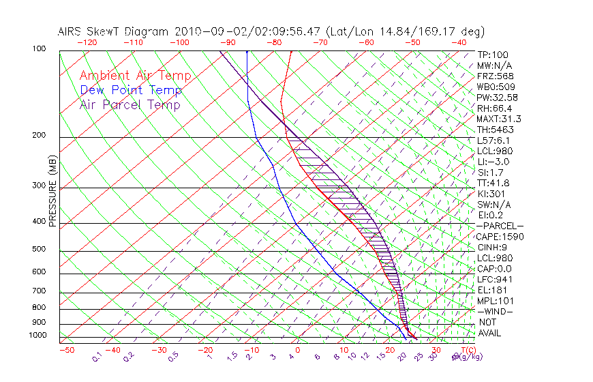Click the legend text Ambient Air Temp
(x=135, y=76)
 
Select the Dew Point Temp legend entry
(x=131, y=90)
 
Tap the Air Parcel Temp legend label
(x=130, y=104)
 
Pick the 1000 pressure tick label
(x=38, y=336)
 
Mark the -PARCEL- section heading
(x=500, y=226)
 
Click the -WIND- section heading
(x=496, y=311)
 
